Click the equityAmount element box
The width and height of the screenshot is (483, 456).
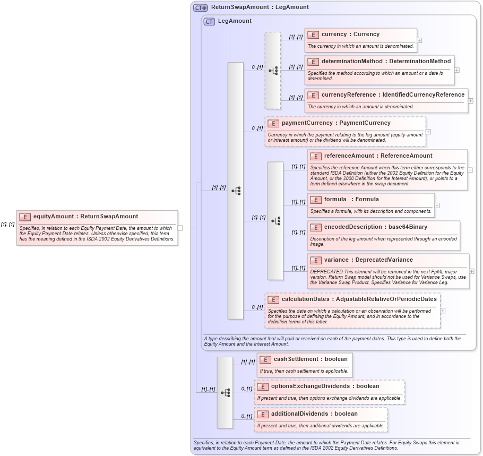97,228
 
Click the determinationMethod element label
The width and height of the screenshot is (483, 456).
386,62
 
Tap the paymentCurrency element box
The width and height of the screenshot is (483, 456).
345,131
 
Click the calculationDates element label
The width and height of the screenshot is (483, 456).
359,299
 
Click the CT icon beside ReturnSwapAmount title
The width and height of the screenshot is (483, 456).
200,7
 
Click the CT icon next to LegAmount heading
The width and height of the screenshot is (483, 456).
209,21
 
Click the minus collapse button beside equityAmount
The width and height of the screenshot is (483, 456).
180,228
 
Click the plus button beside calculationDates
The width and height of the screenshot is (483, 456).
443,311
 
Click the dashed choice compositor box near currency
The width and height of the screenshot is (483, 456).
273,71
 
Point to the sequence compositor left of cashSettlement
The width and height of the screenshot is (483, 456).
225,392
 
